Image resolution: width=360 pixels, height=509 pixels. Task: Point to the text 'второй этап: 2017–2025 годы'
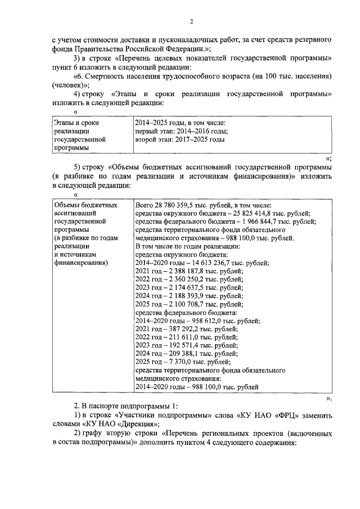(180, 139)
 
